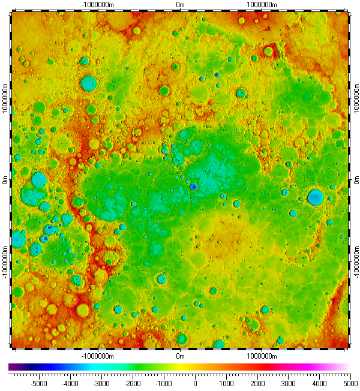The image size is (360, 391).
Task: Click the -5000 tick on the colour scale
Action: click(x=39, y=381)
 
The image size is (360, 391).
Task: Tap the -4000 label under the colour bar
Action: click(x=70, y=381)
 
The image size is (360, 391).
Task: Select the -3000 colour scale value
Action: click(x=101, y=381)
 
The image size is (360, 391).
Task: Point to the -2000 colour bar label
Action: click(x=133, y=381)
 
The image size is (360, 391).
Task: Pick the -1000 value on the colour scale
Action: click(x=164, y=381)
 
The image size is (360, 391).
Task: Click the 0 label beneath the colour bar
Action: click(x=195, y=381)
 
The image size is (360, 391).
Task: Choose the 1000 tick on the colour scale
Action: click(x=226, y=381)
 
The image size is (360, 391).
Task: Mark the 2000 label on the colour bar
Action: click(x=257, y=381)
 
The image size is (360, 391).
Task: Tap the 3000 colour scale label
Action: click(x=289, y=381)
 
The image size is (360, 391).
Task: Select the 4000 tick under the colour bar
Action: click(x=320, y=381)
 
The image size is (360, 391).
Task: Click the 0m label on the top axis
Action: click(x=180, y=4)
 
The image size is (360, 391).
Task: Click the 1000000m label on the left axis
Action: click(x=5, y=97)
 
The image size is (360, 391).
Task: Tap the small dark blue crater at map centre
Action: click(x=193, y=187)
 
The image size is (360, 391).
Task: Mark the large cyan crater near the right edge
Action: click(x=315, y=197)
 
